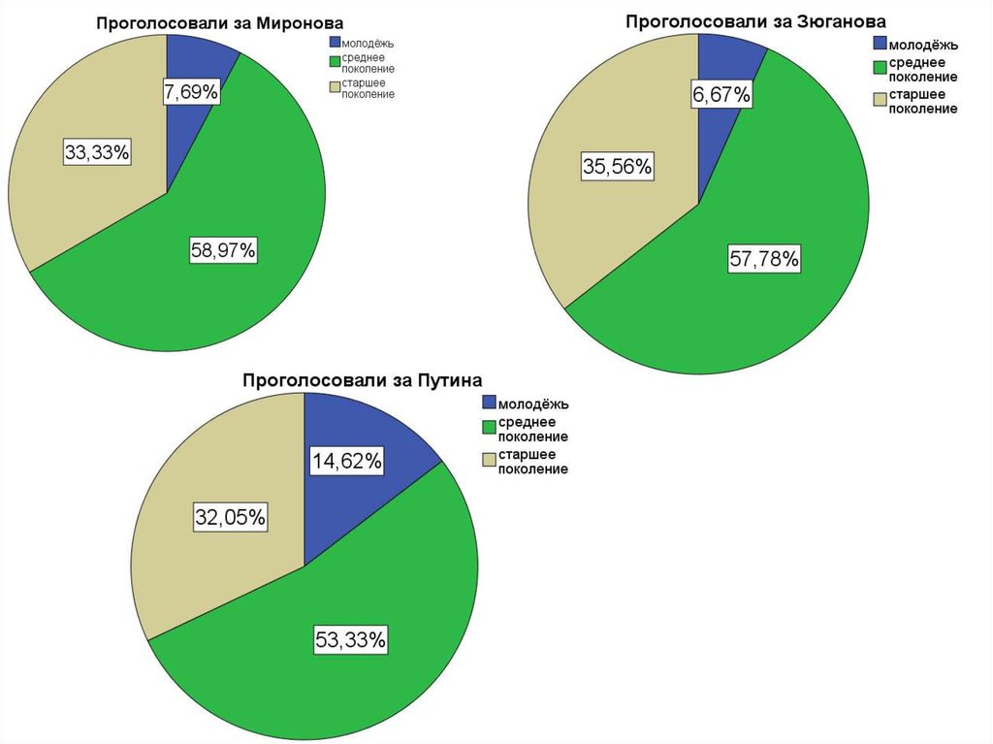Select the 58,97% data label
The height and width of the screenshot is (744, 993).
click(223, 251)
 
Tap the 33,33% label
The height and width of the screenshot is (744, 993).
click(97, 152)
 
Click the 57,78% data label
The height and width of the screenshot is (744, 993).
click(764, 259)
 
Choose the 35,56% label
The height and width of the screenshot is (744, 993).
click(617, 167)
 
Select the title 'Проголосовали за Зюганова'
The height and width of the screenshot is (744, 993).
click(755, 20)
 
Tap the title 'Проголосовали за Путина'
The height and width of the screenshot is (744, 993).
click(363, 379)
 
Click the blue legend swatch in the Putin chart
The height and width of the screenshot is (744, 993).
click(489, 403)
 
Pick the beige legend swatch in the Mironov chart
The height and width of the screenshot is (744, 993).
click(335, 86)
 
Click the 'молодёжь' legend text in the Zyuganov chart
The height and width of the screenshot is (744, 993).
click(923, 45)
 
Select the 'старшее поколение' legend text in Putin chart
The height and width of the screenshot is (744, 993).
click(532, 462)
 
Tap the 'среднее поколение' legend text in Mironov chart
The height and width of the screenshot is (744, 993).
click(368, 64)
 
